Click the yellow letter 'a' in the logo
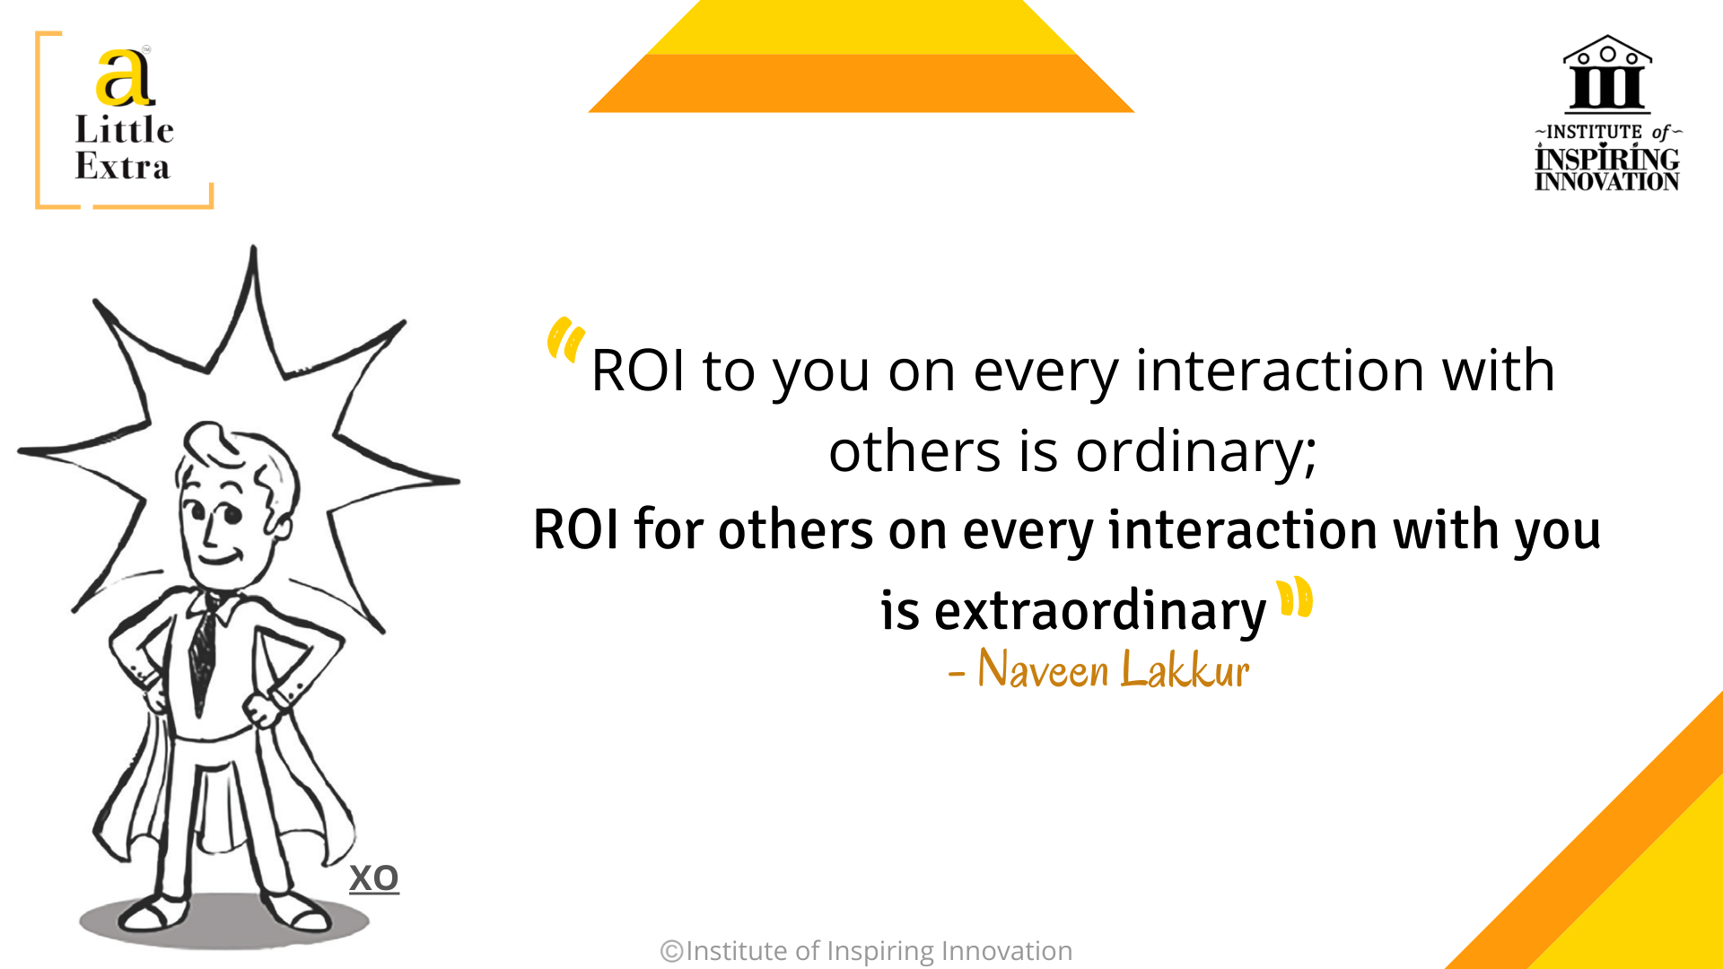point(125,77)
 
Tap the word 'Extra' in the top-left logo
point(122,167)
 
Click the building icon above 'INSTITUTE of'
point(1607,74)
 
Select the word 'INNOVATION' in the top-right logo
point(1606,181)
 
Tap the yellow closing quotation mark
point(1295,598)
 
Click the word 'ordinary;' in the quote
point(1196,451)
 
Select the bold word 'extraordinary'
point(1099,612)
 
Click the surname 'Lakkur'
point(1185,669)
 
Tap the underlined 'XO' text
point(374,878)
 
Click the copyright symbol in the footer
point(671,951)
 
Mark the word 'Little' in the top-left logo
point(124,130)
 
